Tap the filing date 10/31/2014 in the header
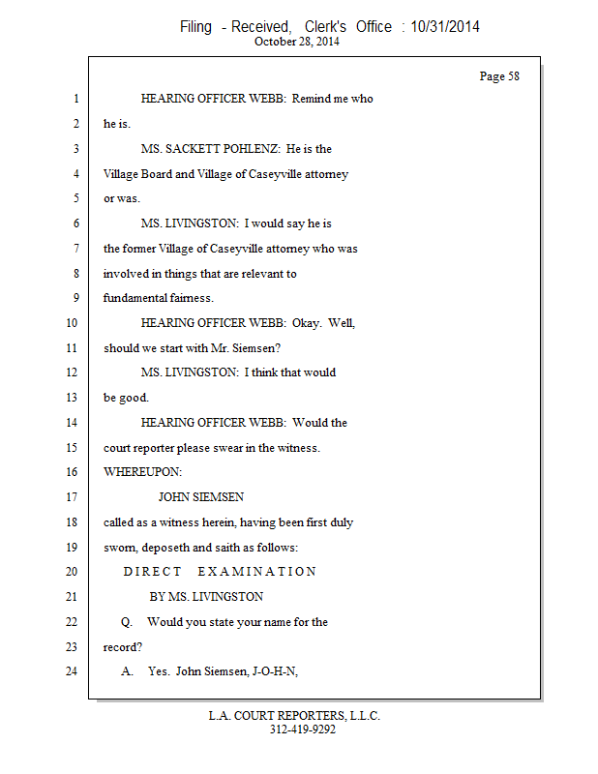[x=444, y=27]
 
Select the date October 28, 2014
[x=297, y=42]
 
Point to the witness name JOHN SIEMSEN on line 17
[x=200, y=497]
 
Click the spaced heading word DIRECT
[x=152, y=572]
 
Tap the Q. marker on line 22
[x=127, y=622]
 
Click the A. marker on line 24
[x=127, y=672]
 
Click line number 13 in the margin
[x=72, y=398]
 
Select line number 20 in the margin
[x=71, y=572]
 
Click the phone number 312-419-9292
[x=302, y=729]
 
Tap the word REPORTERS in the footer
[x=300, y=716]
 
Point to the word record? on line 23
[x=123, y=647]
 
